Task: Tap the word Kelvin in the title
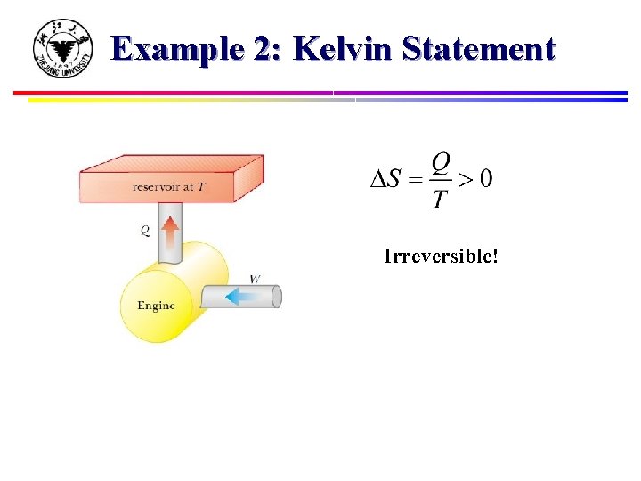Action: pos(343,48)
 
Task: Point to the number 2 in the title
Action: pos(264,48)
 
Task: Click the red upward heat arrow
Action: pos(171,233)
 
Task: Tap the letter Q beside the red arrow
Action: pos(145,231)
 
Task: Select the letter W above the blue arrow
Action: pos(255,279)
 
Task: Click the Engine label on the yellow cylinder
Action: pos(156,306)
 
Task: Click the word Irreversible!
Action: pos(441,257)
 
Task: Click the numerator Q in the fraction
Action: pos(440,163)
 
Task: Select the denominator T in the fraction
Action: pos(439,199)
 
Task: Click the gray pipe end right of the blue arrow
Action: pos(276,296)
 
